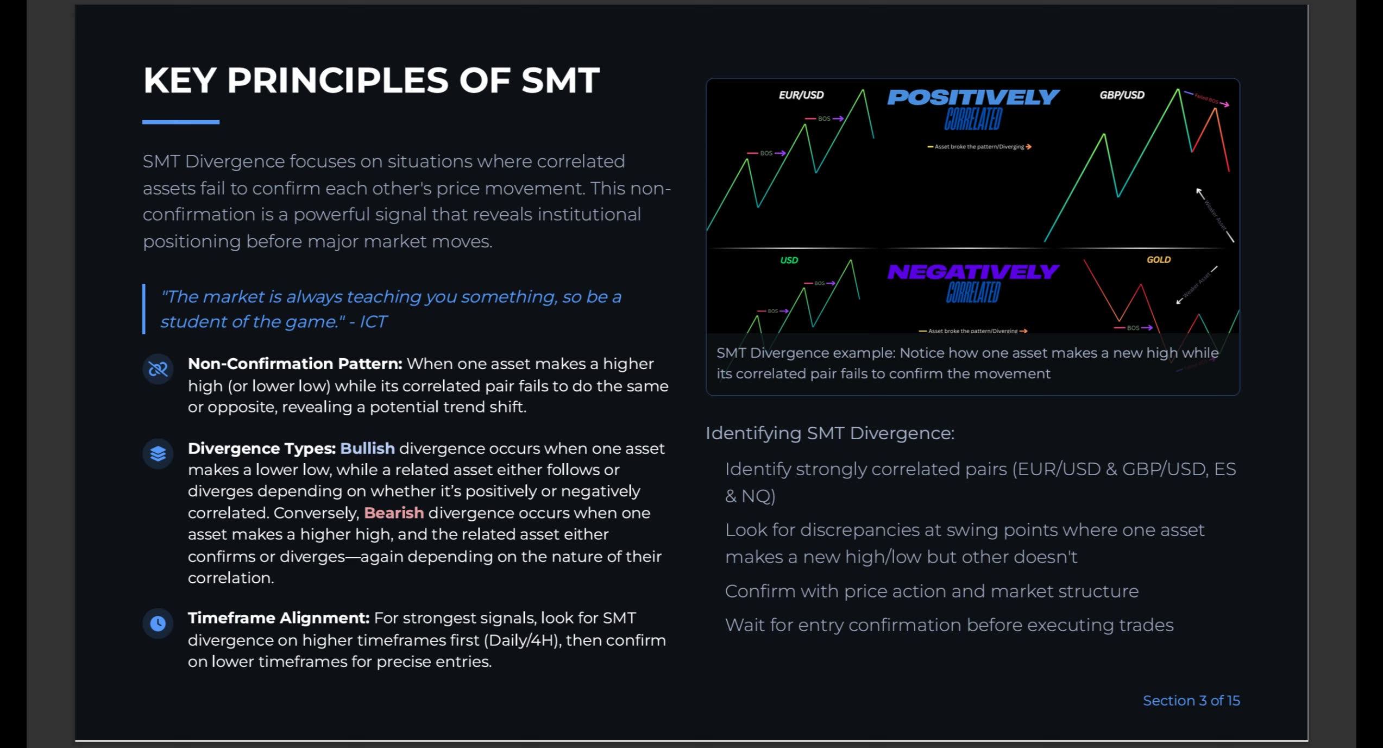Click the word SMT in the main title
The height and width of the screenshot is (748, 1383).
tap(560, 80)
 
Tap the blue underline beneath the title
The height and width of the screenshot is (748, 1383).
tap(180, 122)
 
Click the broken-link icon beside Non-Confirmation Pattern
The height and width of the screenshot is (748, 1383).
tap(158, 369)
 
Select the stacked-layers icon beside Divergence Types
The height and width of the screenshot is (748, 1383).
tap(158, 453)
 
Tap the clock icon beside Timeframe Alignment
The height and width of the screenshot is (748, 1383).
tap(158, 623)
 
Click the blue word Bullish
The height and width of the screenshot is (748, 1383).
tap(367, 448)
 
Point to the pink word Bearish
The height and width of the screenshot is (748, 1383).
tap(394, 513)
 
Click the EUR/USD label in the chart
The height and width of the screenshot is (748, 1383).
tap(801, 95)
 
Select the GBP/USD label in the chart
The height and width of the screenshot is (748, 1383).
tap(1122, 95)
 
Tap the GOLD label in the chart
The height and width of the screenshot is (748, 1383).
tap(1158, 260)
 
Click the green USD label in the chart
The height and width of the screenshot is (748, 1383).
tap(789, 260)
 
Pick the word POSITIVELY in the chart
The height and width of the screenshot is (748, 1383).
tap(973, 97)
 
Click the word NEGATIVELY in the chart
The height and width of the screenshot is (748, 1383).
tap(973, 271)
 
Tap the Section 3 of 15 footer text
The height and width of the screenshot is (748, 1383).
tap(1191, 701)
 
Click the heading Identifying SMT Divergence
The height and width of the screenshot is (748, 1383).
tap(829, 433)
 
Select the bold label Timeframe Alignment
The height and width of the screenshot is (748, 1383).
tap(278, 618)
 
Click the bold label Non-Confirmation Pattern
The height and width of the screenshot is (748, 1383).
tap(295, 364)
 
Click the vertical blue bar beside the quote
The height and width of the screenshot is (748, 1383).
tap(144, 309)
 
